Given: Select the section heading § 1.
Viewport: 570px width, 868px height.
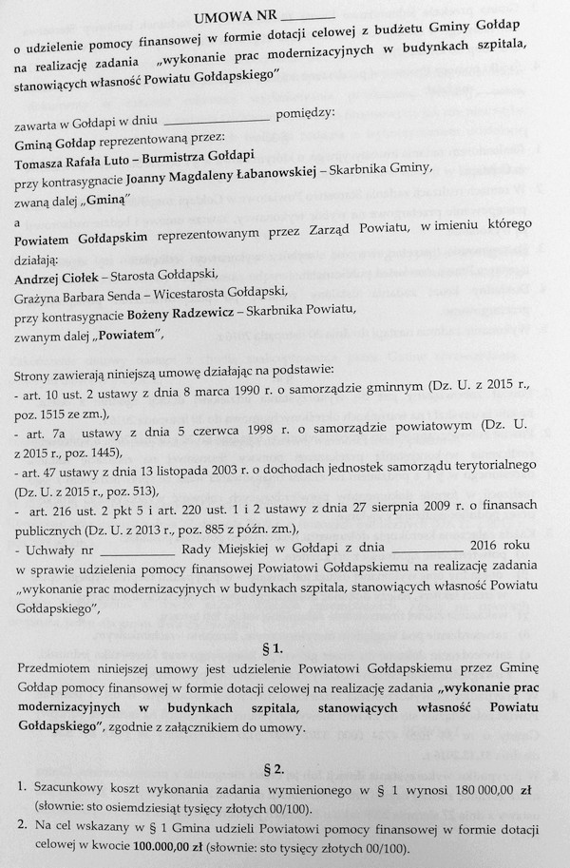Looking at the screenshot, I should [x=285, y=650].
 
